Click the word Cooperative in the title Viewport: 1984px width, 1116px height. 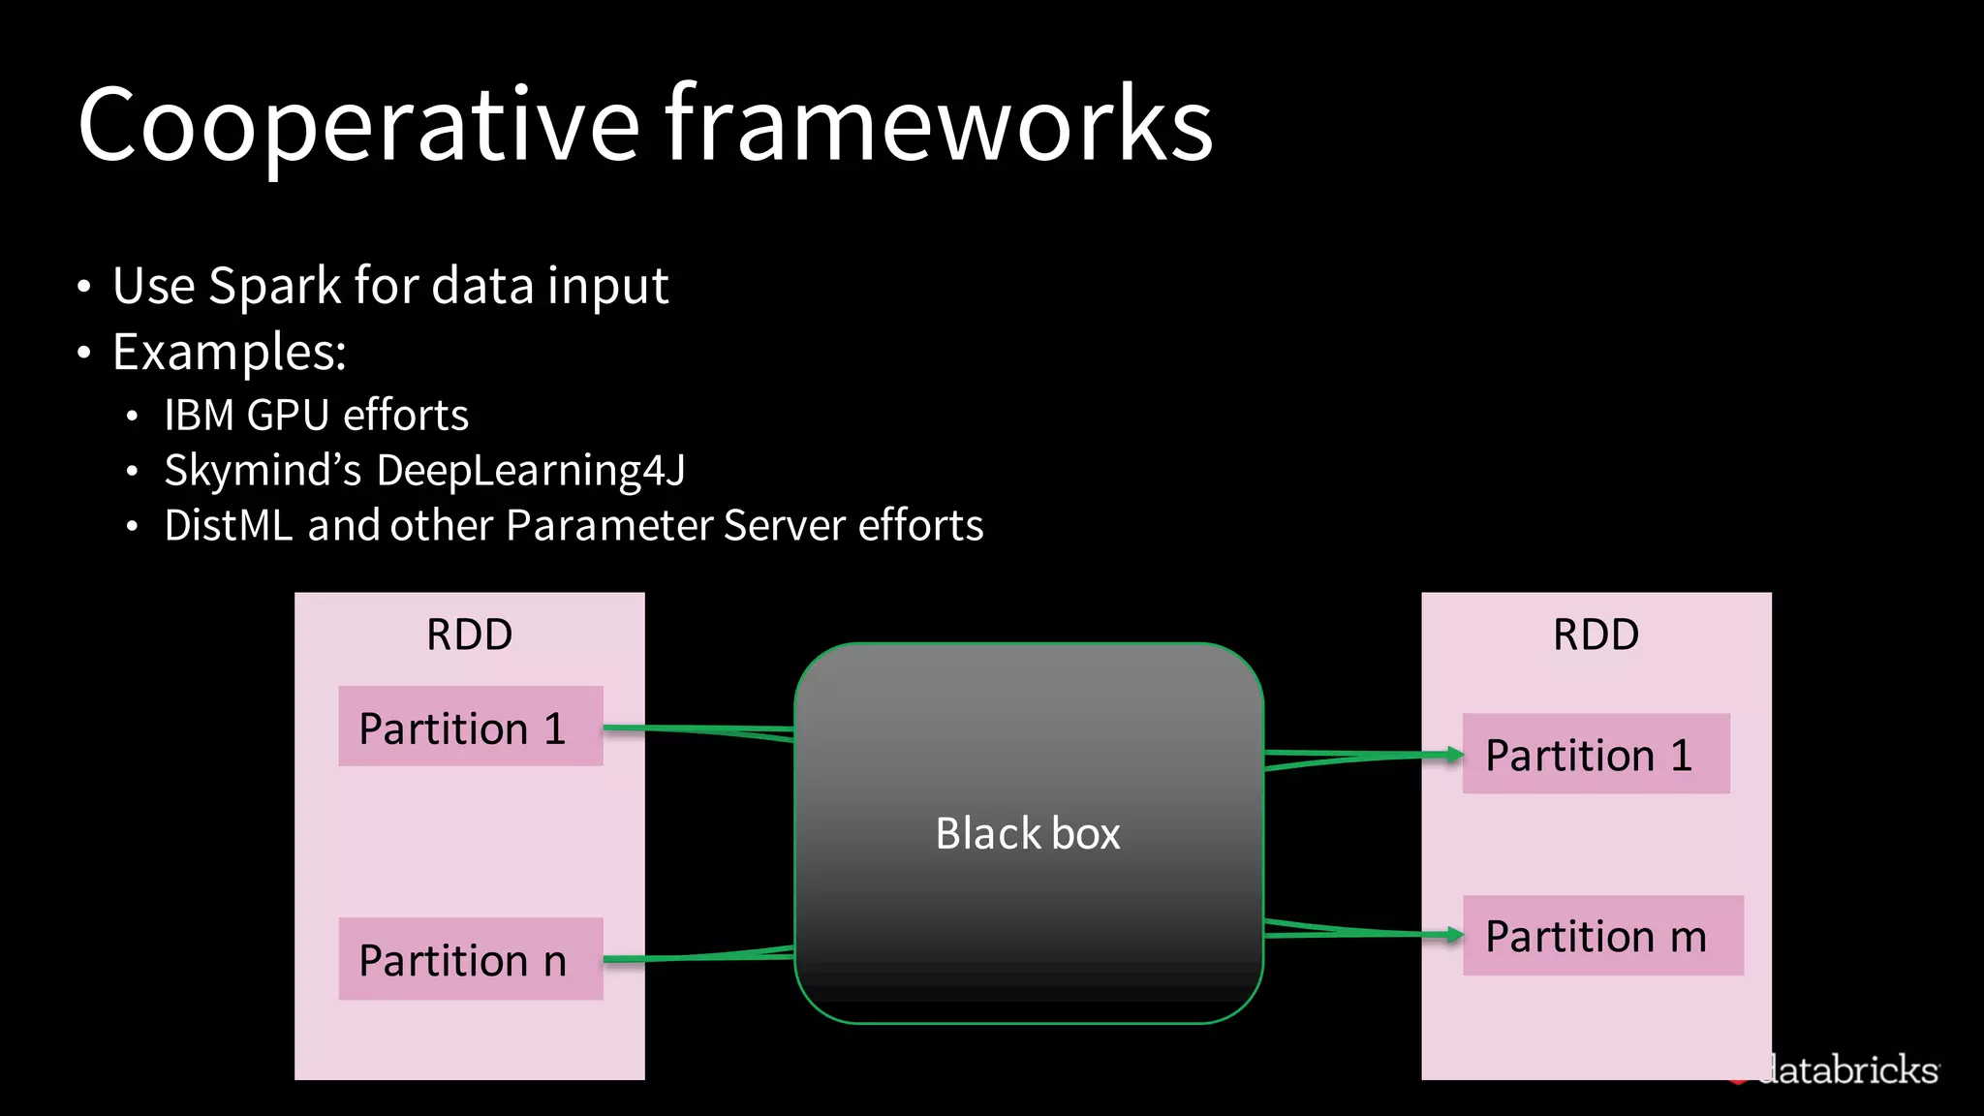point(358,126)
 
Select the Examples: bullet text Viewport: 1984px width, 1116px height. point(229,353)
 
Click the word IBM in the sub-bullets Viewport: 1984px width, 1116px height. point(200,416)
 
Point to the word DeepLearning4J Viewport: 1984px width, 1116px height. point(530,471)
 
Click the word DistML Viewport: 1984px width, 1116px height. point(228,526)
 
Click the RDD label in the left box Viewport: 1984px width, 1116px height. point(469,635)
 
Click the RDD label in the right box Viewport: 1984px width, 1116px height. point(1596,635)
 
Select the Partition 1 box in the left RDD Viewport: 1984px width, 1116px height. point(470,727)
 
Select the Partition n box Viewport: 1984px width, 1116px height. point(470,959)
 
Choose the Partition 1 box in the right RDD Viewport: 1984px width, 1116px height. point(1596,754)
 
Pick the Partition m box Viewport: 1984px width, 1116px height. point(1602,936)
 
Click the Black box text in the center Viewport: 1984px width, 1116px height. point(1028,834)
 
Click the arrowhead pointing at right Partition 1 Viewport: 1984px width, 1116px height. point(1454,754)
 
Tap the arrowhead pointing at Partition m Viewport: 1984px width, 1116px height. point(1454,935)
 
